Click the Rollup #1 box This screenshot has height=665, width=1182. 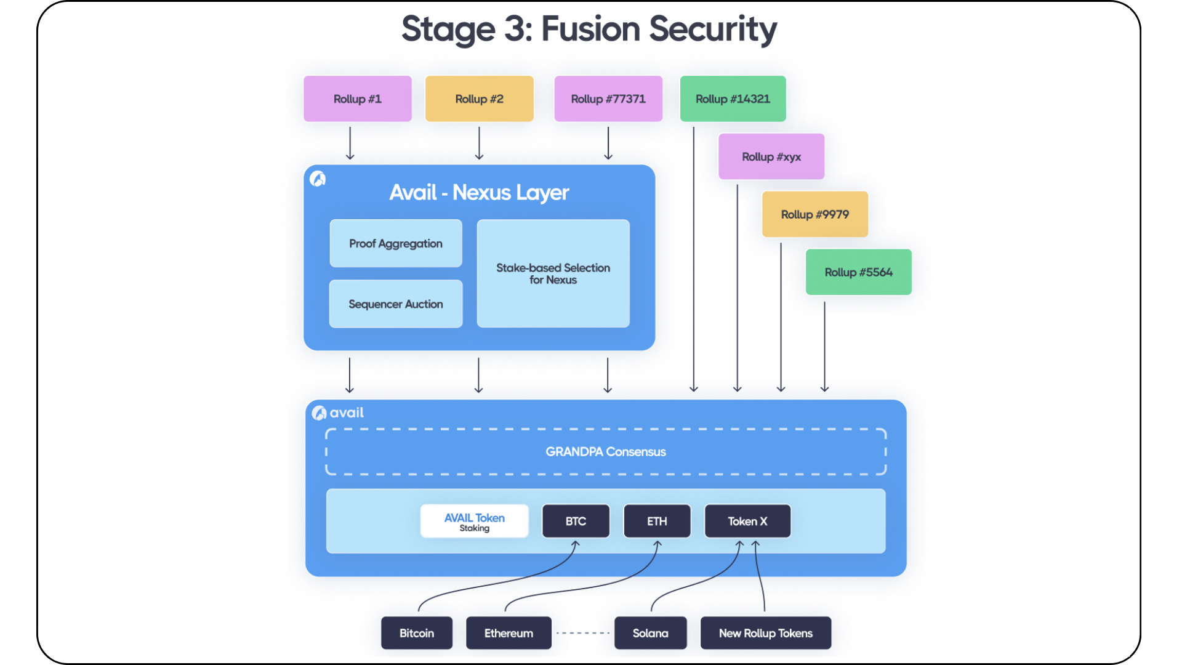click(x=358, y=99)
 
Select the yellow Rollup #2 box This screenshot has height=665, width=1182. click(x=479, y=99)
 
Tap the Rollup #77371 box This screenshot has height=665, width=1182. click(x=608, y=99)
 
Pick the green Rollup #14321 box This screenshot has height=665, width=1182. click(x=733, y=99)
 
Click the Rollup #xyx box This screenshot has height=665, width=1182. click(x=771, y=156)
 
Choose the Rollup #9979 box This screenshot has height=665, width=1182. click(x=815, y=214)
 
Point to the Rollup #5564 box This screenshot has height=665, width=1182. click(x=859, y=272)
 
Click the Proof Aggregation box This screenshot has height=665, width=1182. click(x=396, y=243)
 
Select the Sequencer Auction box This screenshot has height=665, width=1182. click(x=396, y=304)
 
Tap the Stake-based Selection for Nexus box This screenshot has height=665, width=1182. click(x=553, y=273)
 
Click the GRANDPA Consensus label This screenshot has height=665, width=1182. click(x=606, y=451)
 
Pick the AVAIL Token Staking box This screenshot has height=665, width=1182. click(x=474, y=521)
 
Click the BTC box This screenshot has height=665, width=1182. click(x=576, y=521)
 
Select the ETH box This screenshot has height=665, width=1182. click(x=657, y=521)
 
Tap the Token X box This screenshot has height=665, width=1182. click(x=747, y=521)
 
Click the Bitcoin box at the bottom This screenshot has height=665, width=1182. click(x=417, y=633)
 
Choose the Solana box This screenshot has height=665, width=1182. click(x=650, y=633)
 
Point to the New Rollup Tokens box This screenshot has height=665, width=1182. click(x=766, y=633)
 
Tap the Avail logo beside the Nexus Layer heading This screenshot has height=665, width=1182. click(x=318, y=179)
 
